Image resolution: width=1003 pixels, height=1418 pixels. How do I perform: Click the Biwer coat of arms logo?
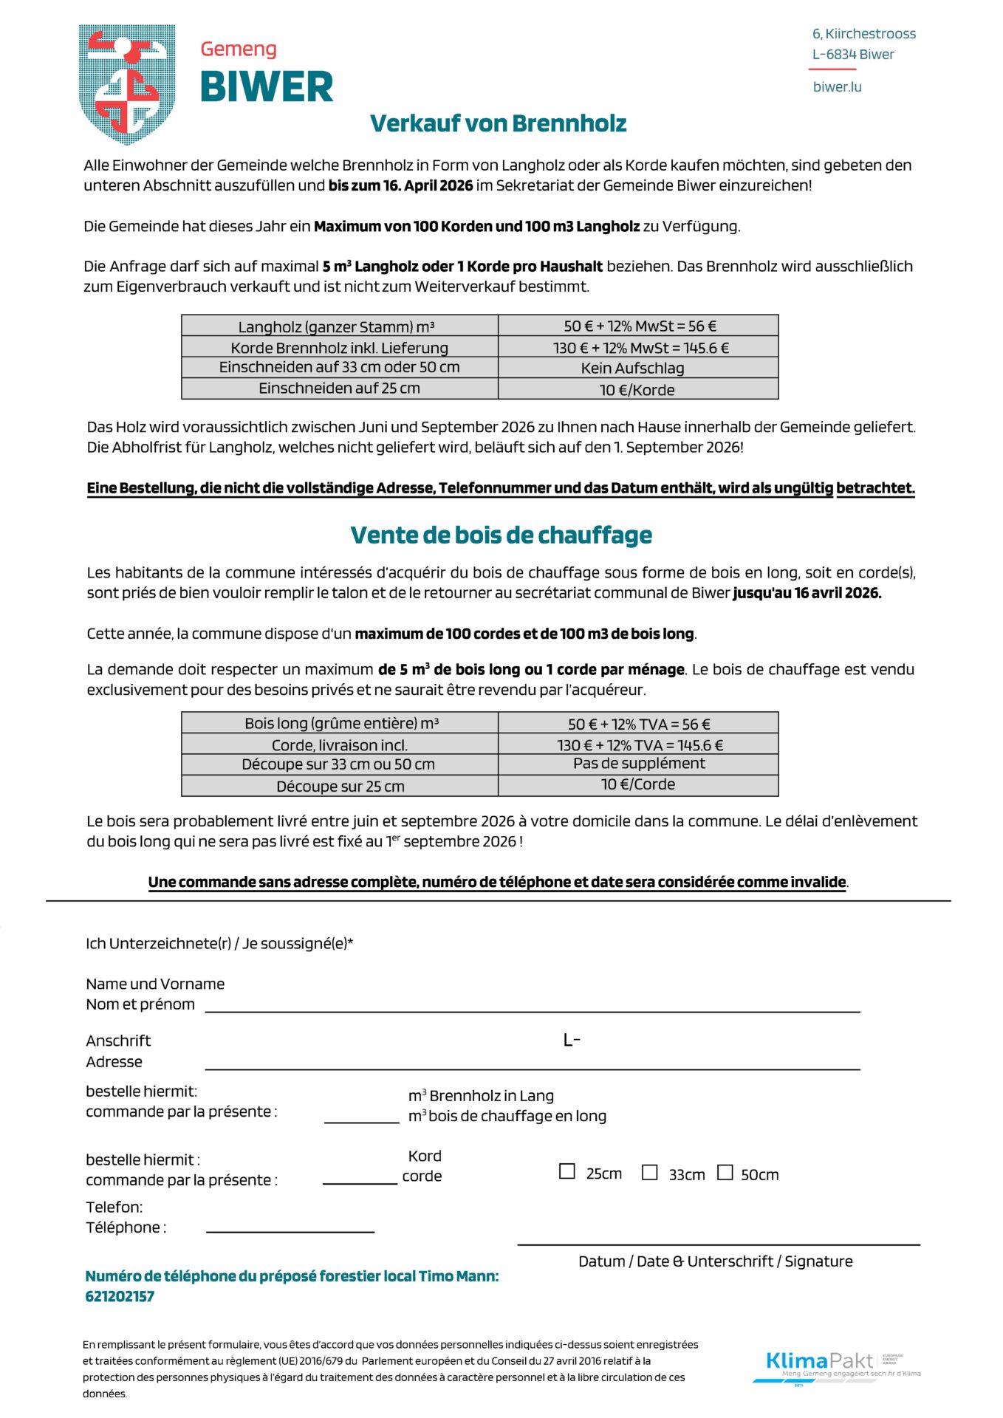point(127,83)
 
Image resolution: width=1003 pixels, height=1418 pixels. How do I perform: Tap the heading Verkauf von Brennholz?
point(498,123)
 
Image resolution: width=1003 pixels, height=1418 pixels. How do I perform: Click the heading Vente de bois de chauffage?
point(501,535)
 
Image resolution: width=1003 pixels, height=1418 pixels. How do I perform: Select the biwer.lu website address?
point(837,87)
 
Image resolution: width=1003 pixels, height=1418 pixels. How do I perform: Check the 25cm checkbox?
point(566,1171)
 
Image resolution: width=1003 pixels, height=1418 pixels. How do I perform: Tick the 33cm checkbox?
point(649,1172)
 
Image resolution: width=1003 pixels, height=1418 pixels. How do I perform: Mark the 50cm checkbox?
point(725,1172)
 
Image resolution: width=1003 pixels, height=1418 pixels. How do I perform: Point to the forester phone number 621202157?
point(120,1296)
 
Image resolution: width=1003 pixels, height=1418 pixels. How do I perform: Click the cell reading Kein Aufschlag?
point(637,368)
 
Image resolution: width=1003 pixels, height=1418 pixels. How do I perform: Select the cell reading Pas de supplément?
point(638,764)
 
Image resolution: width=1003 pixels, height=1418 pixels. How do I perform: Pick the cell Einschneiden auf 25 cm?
point(339,388)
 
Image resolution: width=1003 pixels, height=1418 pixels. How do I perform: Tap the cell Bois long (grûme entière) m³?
point(340,723)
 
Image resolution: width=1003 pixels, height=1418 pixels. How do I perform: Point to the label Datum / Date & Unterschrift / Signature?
point(715,1261)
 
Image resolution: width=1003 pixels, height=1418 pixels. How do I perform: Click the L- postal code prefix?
point(572,1041)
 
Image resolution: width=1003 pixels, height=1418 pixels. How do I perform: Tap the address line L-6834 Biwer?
point(853,55)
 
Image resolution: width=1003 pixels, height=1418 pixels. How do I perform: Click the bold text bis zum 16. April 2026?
point(400,185)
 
